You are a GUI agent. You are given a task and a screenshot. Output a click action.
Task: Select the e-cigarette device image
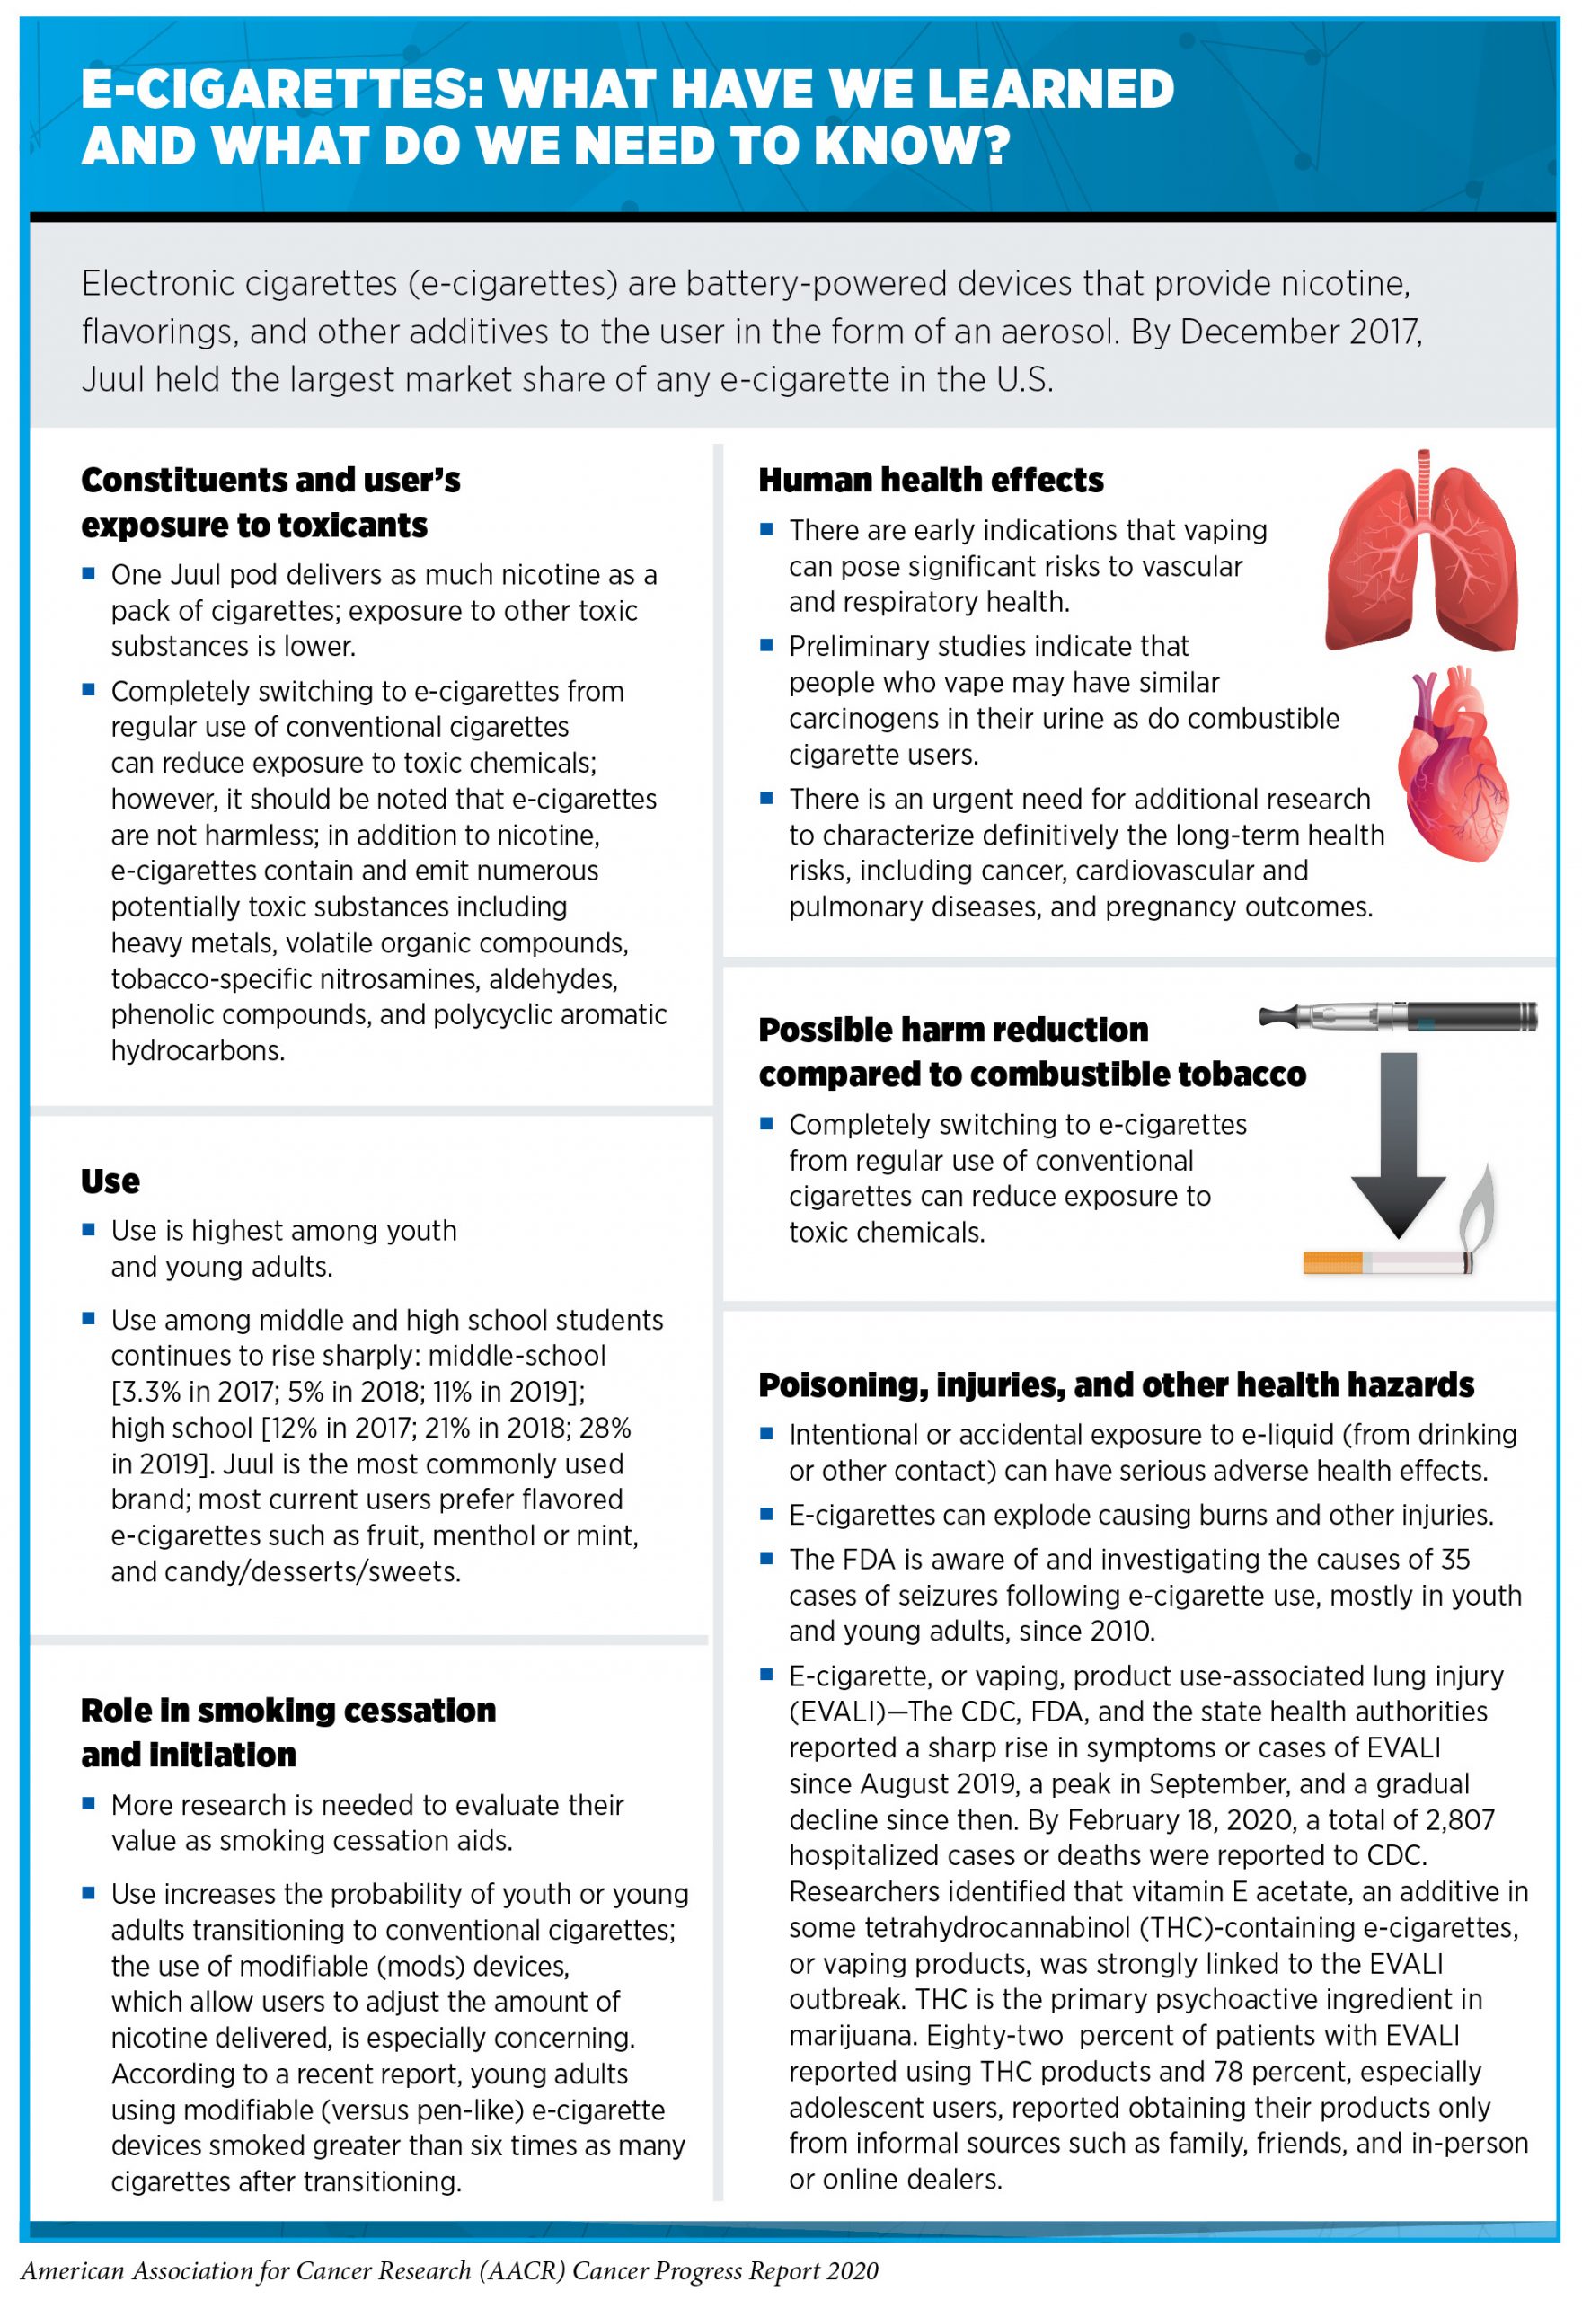1398,1016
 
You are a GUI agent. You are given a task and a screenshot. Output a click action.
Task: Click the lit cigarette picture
1388,1263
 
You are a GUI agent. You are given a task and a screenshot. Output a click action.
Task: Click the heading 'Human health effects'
931,481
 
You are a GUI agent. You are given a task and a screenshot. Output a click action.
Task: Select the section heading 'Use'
110,1181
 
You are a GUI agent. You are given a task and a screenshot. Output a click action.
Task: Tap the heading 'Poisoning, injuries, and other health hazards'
1116,1385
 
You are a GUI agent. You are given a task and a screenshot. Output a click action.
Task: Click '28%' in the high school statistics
604,1429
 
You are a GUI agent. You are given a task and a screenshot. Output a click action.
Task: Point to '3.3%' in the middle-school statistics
150,1392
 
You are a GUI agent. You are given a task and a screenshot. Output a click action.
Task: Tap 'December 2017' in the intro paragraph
1298,332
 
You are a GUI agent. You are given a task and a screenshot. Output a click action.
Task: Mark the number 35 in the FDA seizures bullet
1455,1560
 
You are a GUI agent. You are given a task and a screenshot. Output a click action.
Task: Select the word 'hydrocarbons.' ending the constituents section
199,1051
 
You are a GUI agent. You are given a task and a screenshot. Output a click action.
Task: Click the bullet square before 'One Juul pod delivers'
89,573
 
